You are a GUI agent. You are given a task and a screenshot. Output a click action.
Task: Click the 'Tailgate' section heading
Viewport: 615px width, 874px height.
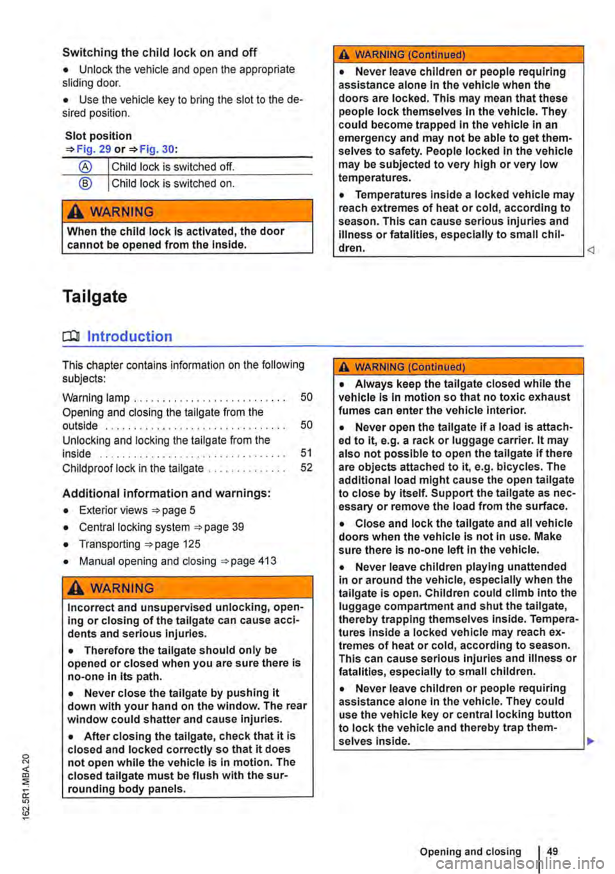point(95,296)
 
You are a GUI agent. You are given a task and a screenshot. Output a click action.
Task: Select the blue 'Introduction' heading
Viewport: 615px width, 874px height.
point(129,337)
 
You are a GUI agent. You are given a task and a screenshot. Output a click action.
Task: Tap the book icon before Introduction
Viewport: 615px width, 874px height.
point(71,337)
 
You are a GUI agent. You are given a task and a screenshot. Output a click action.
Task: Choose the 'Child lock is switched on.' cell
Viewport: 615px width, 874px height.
point(174,184)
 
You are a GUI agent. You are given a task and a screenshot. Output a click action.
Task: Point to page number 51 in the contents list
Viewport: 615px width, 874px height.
point(306,453)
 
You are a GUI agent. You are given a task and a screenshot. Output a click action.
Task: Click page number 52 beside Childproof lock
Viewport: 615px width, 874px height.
point(306,468)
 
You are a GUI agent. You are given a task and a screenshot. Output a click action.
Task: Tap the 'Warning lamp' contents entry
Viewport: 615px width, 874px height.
point(96,398)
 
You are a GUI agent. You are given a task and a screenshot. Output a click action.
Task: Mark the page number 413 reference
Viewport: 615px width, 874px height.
point(268,562)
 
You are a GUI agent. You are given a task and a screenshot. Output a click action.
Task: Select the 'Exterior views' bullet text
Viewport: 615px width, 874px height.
point(113,510)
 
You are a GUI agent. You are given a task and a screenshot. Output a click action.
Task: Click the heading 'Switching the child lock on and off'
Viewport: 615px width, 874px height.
point(160,53)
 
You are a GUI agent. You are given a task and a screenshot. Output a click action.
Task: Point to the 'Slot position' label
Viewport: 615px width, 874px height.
point(99,136)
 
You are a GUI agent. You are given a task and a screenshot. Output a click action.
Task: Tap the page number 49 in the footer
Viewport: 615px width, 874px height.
point(553,852)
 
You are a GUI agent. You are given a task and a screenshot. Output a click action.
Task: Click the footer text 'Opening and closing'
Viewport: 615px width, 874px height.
point(471,852)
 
